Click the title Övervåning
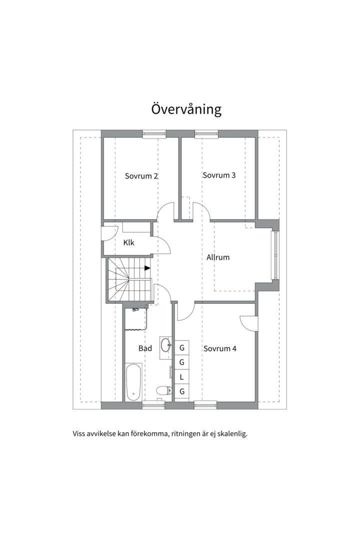[186, 109]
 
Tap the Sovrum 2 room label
[141, 176]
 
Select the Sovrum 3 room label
[219, 175]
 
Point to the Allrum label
[218, 257]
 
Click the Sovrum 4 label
[220, 348]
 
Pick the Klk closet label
[129, 243]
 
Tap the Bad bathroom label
[145, 348]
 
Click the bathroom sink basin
[166, 344]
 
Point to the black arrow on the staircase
[147, 268]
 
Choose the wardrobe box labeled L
[181, 377]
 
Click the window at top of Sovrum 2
[154, 134]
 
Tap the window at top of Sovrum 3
[206, 134]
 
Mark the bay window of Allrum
[275, 255]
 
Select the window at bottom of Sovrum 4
[205, 405]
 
